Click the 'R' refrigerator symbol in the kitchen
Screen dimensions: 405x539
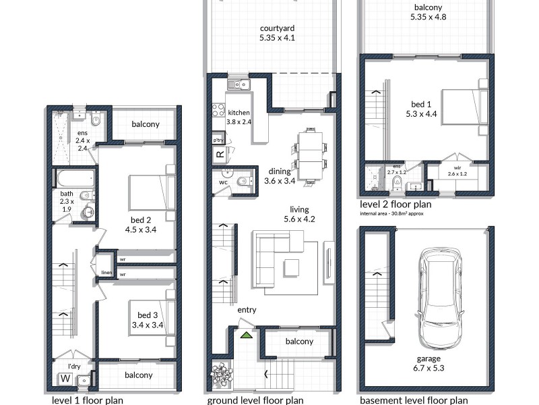point(220,155)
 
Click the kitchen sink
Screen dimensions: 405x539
point(238,84)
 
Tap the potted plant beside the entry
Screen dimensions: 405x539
point(221,373)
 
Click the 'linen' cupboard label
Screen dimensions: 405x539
point(106,273)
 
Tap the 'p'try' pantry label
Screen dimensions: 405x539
point(218,140)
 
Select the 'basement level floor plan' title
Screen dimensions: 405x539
point(413,400)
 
